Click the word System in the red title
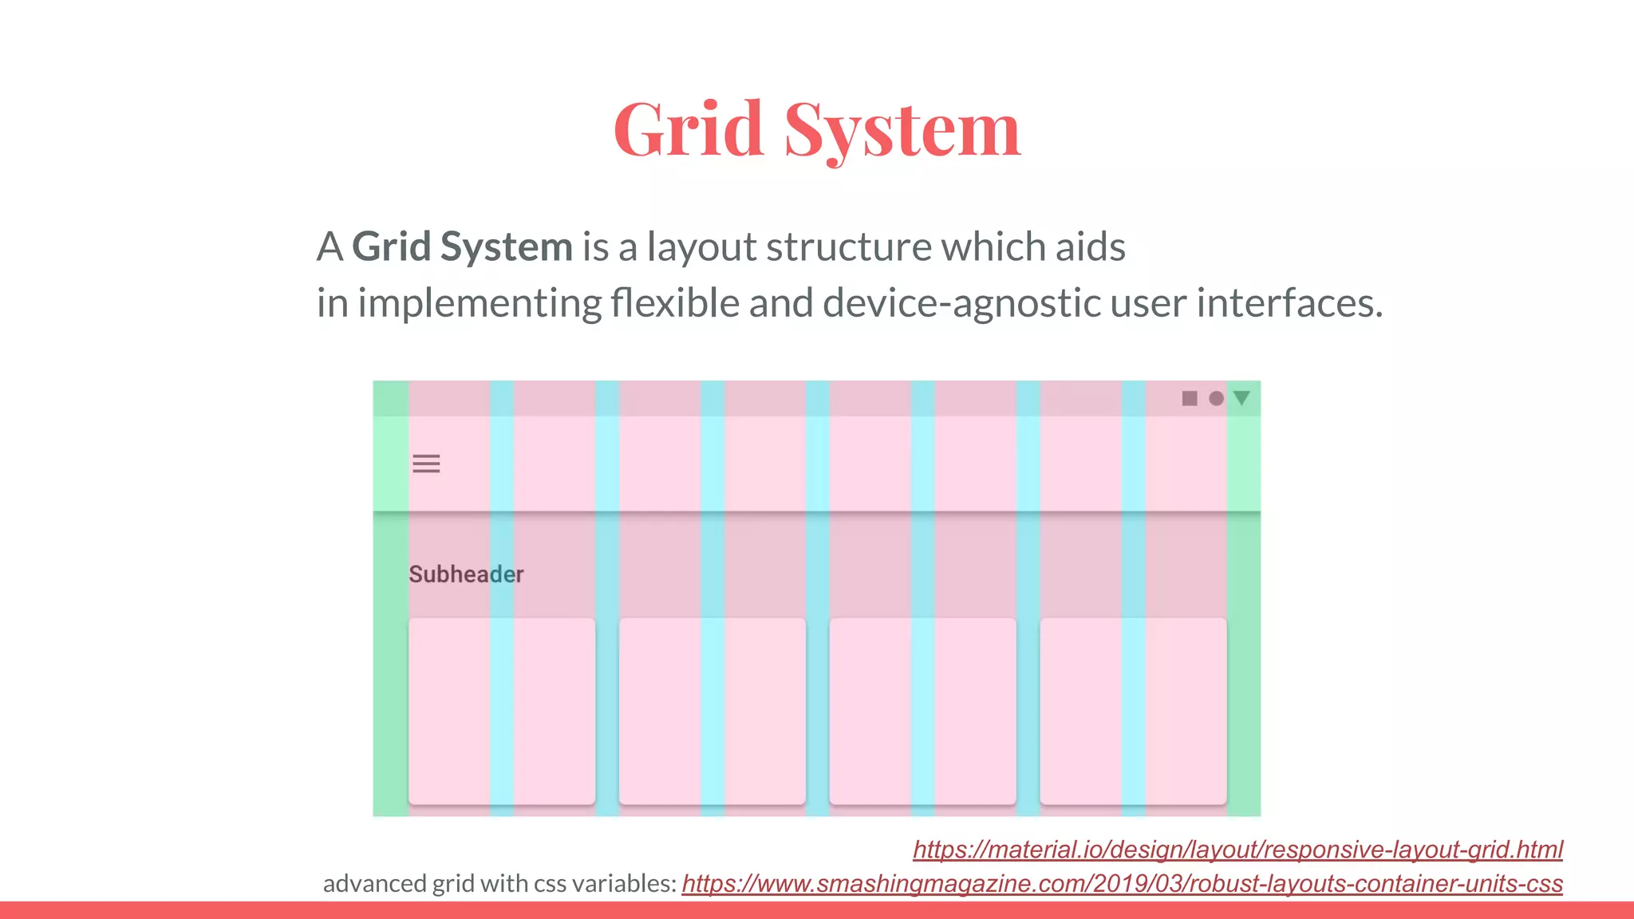(x=902, y=131)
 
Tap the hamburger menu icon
(x=426, y=463)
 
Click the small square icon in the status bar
(x=1189, y=398)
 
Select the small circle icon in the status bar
(x=1216, y=398)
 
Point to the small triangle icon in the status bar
(x=1241, y=397)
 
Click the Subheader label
(x=466, y=574)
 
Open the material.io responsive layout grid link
(x=1237, y=850)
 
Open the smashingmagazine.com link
(x=1122, y=884)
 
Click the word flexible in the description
(x=675, y=303)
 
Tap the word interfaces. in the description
(x=1289, y=303)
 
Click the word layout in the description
(x=701, y=247)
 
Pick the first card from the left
(x=502, y=711)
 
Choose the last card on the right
(x=1133, y=711)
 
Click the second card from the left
(x=712, y=711)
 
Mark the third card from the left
(x=922, y=711)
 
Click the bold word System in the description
(x=506, y=247)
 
